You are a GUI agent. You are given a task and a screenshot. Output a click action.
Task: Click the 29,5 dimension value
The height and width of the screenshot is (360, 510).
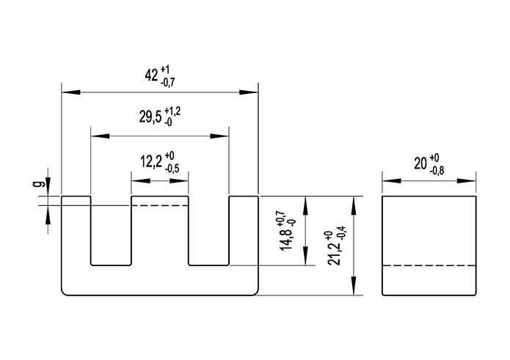click(147, 119)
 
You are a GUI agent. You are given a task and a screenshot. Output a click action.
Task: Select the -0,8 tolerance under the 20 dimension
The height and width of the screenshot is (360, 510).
click(437, 171)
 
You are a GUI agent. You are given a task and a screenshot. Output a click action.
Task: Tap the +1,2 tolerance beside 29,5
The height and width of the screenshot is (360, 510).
click(172, 111)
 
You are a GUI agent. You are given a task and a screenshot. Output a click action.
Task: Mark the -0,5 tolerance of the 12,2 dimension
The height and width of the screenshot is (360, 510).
click(172, 169)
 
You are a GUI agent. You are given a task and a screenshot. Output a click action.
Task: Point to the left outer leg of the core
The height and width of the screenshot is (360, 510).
click(76, 235)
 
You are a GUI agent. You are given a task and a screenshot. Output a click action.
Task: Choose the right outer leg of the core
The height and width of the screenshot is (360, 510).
click(244, 235)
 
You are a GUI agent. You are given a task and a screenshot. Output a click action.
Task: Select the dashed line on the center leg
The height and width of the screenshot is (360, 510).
click(160, 206)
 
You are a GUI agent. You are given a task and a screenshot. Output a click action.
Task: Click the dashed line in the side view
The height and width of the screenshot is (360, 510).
click(429, 265)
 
